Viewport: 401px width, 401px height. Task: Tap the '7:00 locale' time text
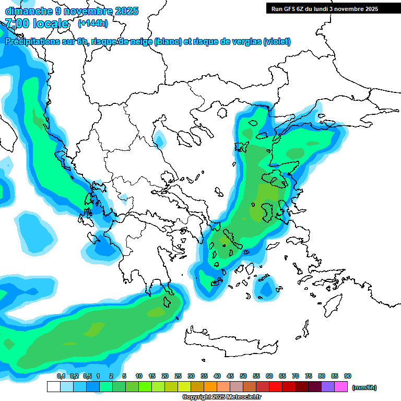tap(37, 23)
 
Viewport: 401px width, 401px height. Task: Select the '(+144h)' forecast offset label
tap(93, 23)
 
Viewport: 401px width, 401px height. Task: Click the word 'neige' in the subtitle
tap(141, 42)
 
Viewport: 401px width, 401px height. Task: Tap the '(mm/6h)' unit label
tap(364, 387)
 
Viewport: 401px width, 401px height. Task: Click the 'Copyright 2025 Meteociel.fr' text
tap(222, 397)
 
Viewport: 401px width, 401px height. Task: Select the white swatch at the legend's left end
tap(53, 387)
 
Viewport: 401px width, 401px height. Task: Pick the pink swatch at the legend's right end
tap(341, 387)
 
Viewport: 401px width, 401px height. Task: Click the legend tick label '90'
tap(347, 376)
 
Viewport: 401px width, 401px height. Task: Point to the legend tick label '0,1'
tap(61, 376)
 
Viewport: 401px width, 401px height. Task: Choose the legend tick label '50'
tap(243, 376)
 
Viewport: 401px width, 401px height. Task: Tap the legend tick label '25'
tap(178, 376)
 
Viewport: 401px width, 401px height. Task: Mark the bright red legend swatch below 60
tap(276, 387)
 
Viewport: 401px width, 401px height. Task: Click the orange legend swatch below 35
tap(210, 387)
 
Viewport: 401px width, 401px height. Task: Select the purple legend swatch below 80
tap(328, 387)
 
